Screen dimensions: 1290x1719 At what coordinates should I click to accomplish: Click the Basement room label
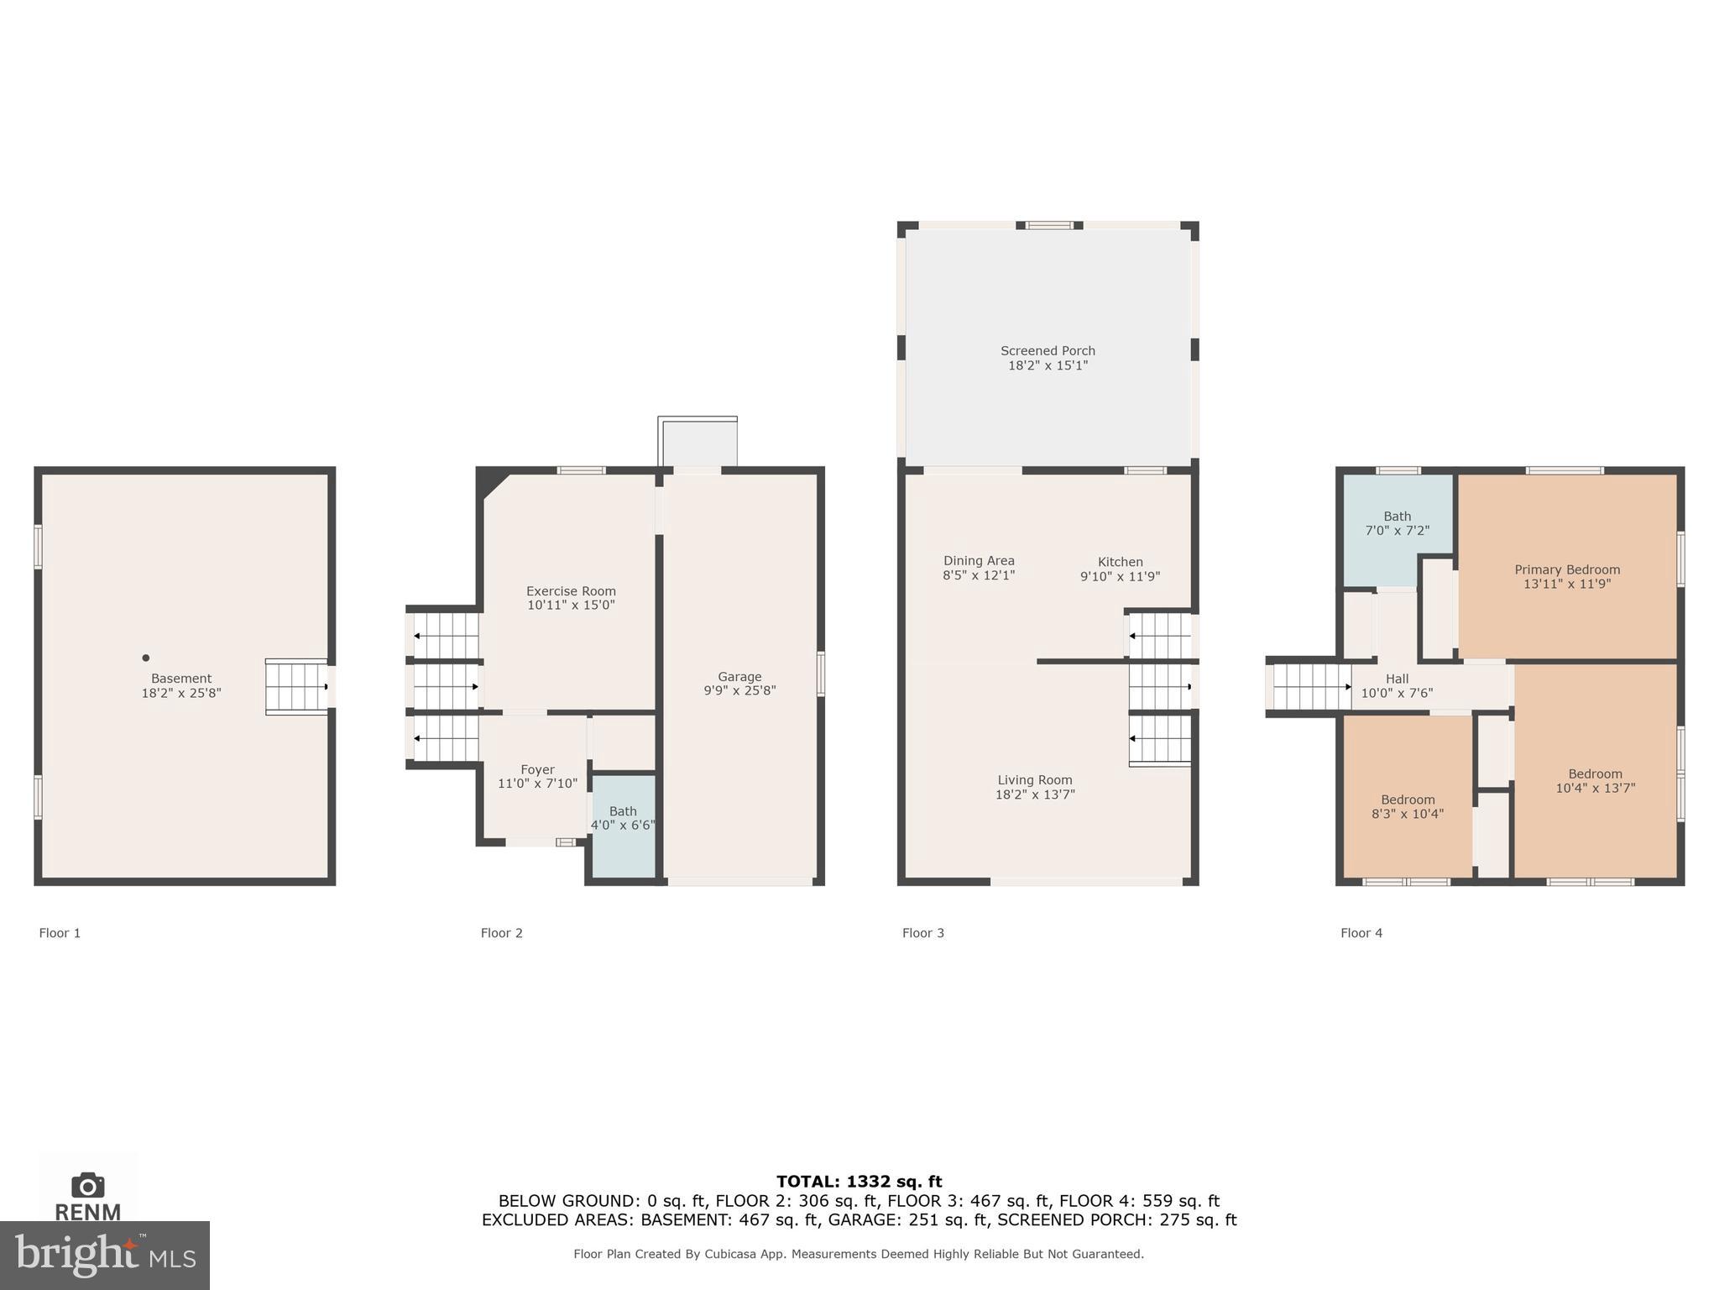pyautogui.click(x=181, y=679)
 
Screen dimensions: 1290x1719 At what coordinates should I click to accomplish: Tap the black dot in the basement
pyautogui.click(x=145, y=658)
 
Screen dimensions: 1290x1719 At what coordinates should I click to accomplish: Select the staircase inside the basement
pyautogui.click(x=295, y=687)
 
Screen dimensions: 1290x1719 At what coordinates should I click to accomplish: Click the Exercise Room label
pyautogui.click(x=571, y=591)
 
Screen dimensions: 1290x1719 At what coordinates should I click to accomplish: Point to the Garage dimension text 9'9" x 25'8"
pyautogui.click(x=739, y=691)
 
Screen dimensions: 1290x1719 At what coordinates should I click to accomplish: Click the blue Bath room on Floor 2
pyautogui.click(x=624, y=826)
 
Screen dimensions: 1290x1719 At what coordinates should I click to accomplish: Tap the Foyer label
pyautogui.click(x=537, y=769)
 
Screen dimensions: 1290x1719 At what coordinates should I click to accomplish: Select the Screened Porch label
pyautogui.click(x=1048, y=351)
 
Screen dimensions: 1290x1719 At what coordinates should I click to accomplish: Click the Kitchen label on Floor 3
pyautogui.click(x=1120, y=562)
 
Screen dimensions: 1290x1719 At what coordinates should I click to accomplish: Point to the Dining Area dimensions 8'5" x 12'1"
pyautogui.click(x=979, y=576)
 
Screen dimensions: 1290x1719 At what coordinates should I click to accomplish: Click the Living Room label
pyautogui.click(x=1035, y=780)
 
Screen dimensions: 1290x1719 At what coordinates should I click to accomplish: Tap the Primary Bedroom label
pyautogui.click(x=1567, y=569)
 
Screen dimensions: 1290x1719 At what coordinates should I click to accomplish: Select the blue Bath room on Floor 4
pyautogui.click(x=1397, y=529)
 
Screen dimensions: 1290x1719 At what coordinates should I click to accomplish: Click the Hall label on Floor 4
pyautogui.click(x=1397, y=679)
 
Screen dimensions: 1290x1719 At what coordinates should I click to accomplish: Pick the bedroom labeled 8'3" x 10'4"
pyautogui.click(x=1408, y=806)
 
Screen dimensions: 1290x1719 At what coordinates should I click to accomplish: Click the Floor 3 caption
pyautogui.click(x=922, y=933)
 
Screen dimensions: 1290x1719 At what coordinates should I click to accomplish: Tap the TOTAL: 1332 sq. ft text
pyautogui.click(x=859, y=1182)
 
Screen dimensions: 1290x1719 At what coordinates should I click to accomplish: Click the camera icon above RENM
pyautogui.click(x=88, y=1185)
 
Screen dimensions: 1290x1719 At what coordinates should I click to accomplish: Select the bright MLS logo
pyautogui.click(x=105, y=1256)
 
